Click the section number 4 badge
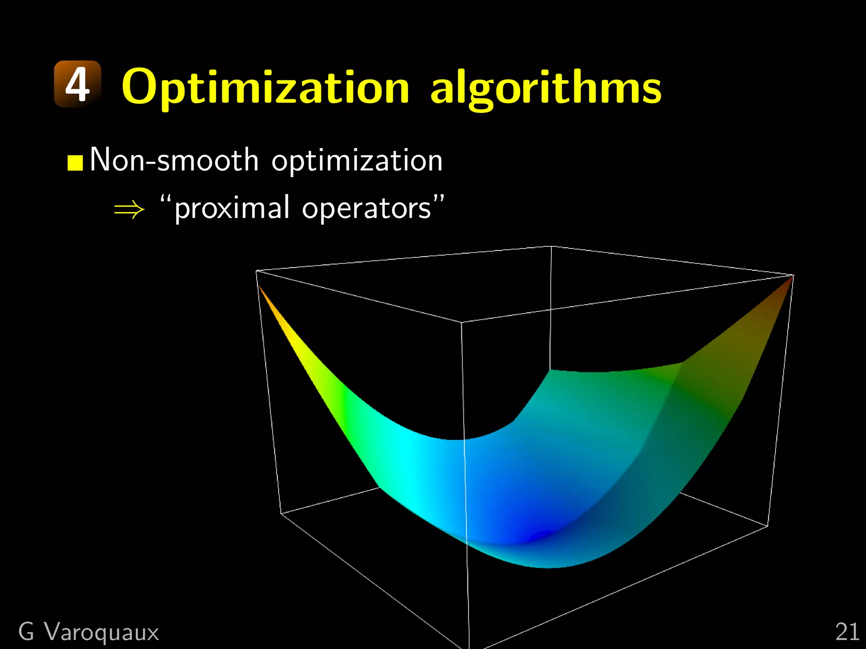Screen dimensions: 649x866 pos(78,84)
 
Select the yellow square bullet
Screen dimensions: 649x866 pos(75,163)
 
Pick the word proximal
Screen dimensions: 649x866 pos(232,208)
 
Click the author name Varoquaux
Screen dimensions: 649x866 pos(102,632)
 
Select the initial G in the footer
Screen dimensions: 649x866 pos(26,632)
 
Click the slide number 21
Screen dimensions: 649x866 pos(847,632)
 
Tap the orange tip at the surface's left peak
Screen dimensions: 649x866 pos(261,290)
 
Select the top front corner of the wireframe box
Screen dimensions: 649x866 pos(461,322)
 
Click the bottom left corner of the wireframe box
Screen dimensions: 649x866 pos(281,513)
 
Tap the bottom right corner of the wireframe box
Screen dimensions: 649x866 pos(767,526)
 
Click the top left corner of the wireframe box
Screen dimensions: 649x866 pos(257,271)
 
